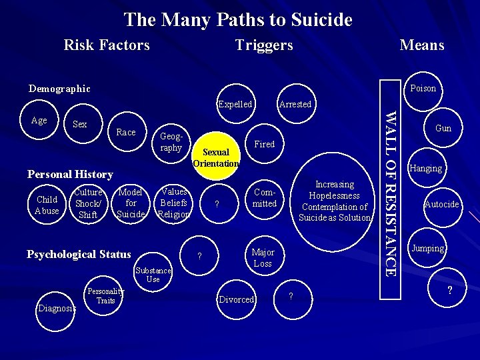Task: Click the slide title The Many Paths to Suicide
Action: [x=238, y=20]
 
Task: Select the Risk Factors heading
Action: [x=107, y=45]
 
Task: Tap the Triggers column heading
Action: [x=264, y=45]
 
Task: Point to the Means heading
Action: [x=421, y=45]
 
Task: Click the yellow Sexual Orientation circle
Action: [x=215, y=158]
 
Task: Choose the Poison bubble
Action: [x=423, y=88]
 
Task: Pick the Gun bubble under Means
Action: [x=443, y=128]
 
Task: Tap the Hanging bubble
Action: [x=427, y=168]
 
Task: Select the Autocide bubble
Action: [x=442, y=204]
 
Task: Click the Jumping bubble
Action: [x=428, y=248]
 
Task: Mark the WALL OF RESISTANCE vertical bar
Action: [x=392, y=193]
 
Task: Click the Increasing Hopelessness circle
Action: [x=335, y=201]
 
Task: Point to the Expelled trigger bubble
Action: [x=235, y=104]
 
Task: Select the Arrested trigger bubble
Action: [x=295, y=104]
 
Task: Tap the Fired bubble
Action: [x=265, y=144]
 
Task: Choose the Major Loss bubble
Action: [x=263, y=258]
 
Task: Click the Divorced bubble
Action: [x=237, y=299]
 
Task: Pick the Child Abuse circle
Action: [x=47, y=205]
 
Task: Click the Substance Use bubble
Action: [x=153, y=275]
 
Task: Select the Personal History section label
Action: [x=70, y=174]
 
